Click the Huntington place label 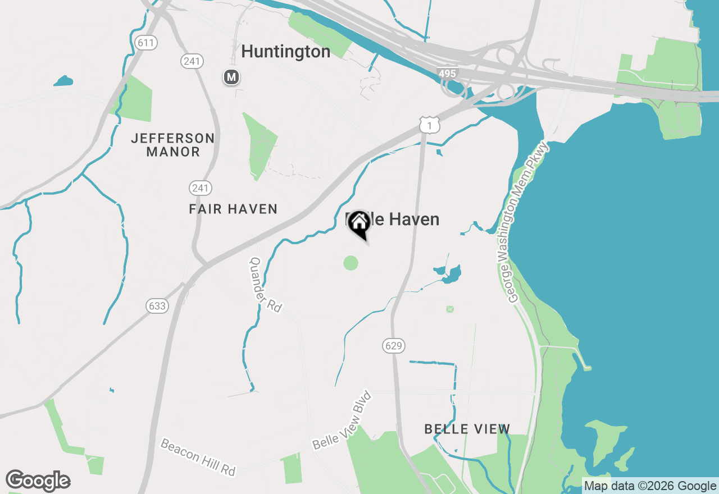tap(285, 52)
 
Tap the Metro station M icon tap(231, 77)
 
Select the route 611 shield tap(146, 43)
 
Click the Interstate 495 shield tap(448, 73)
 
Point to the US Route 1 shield tap(430, 125)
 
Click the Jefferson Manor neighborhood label tap(173, 145)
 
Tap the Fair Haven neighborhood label tap(233, 209)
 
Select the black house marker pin tap(359, 225)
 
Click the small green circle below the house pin tap(351, 263)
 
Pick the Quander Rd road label tap(265, 285)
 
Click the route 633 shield tap(157, 305)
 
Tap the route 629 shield tap(394, 346)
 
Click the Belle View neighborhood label tap(467, 429)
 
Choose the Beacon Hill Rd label tap(198, 457)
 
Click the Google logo tap(38, 481)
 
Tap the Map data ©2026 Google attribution tap(649, 486)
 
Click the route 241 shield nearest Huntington tap(192, 61)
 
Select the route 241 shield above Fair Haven tap(201, 187)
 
